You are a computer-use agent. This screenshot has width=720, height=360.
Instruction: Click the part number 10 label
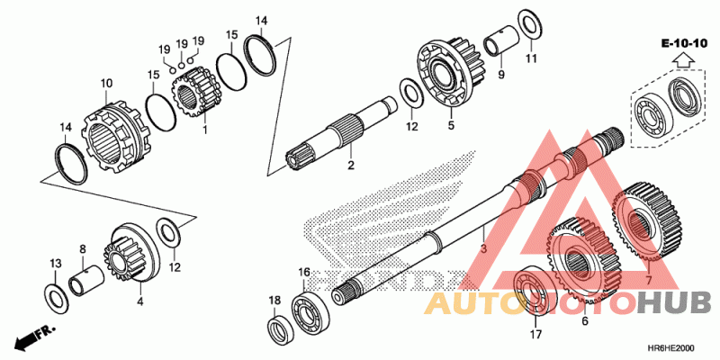tap(105, 84)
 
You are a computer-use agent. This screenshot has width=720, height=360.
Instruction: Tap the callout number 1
tap(204, 130)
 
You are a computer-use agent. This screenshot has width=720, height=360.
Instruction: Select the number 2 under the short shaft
tap(351, 166)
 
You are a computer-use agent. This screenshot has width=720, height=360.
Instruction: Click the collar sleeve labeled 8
tap(87, 283)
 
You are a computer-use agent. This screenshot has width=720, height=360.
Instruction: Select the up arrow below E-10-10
tap(685, 61)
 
